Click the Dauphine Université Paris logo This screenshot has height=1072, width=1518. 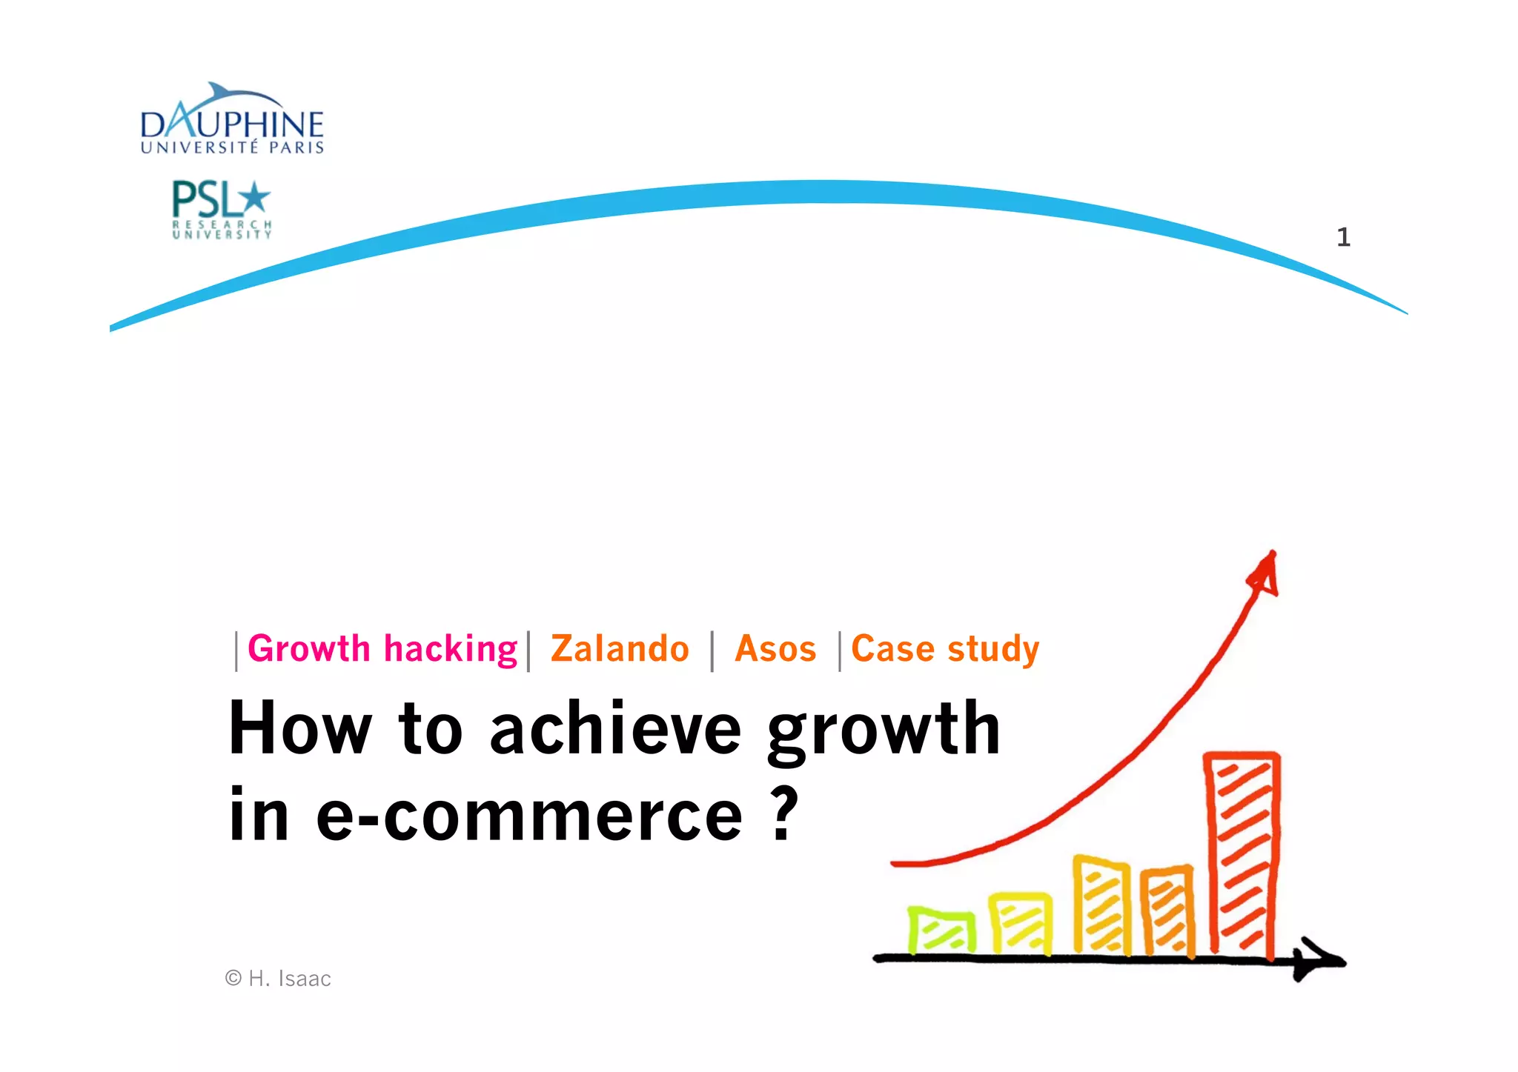pyautogui.click(x=232, y=121)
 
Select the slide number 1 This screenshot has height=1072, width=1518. pyautogui.click(x=1343, y=237)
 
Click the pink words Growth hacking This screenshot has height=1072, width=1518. pyautogui.click(x=382, y=649)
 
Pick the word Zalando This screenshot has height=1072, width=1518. pyautogui.click(x=620, y=649)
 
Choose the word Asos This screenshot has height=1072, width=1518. pyautogui.click(x=775, y=649)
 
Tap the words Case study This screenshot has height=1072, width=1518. pyautogui.click(x=945, y=649)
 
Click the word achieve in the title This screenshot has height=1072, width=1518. pyautogui.click(x=615, y=730)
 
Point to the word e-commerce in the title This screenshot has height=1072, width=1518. pyautogui.click(x=528, y=815)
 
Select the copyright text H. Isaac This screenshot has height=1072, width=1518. pyautogui.click(x=279, y=979)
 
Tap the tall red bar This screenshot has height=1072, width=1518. pyautogui.click(x=1242, y=856)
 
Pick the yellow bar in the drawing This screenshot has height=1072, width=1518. pyautogui.click(x=1021, y=923)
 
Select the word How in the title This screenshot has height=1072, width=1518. pyautogui.click(x=299, y=730)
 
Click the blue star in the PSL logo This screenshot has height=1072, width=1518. pyautogui.click(x=255, y=197)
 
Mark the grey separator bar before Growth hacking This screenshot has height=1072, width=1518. pyautogui.click(x=236, y=651)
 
